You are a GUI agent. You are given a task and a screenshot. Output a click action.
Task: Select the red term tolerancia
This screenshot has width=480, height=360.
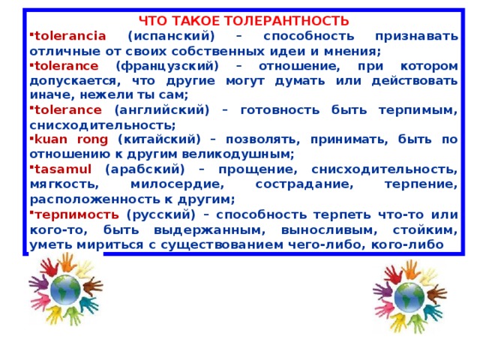coord(70,36)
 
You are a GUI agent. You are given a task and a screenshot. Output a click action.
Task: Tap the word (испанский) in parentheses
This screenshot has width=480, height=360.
coord(171,37)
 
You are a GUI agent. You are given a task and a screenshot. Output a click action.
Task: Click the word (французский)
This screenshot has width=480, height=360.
coord(167,67)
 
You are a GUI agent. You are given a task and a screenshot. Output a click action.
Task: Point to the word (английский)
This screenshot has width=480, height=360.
coord(162,110)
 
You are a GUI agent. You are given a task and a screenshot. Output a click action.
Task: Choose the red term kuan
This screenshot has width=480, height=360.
coord(51,139)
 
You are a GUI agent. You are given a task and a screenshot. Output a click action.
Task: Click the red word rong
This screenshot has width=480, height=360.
coord(92,140)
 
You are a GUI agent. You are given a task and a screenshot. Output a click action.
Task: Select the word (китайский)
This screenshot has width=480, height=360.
coord(159,140)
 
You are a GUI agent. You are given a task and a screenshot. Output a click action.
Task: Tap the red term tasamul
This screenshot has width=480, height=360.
coord(63,169)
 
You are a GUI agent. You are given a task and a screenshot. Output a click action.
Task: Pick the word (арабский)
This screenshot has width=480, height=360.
coord(145,169)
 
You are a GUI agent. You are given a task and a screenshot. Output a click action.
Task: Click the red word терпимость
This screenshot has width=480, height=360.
coord(76,215)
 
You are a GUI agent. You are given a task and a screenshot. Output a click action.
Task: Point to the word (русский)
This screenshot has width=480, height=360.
coord(160,215)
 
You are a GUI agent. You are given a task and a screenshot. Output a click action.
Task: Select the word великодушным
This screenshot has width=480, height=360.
coord(238,154)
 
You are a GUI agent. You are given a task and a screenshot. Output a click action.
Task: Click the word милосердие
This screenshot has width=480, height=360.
coord(178,184)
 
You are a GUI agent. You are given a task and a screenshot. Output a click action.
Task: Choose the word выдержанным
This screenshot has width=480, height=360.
coord(210,230)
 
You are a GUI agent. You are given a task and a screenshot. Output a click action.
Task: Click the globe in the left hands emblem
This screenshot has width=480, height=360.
coord(65,289)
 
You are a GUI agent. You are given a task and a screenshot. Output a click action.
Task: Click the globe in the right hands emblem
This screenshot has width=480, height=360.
coord(409,297)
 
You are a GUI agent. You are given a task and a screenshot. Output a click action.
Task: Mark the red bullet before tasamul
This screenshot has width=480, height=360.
coord(31,166)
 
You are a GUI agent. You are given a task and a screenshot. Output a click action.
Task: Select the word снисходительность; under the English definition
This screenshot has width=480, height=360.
coord(103,125)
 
